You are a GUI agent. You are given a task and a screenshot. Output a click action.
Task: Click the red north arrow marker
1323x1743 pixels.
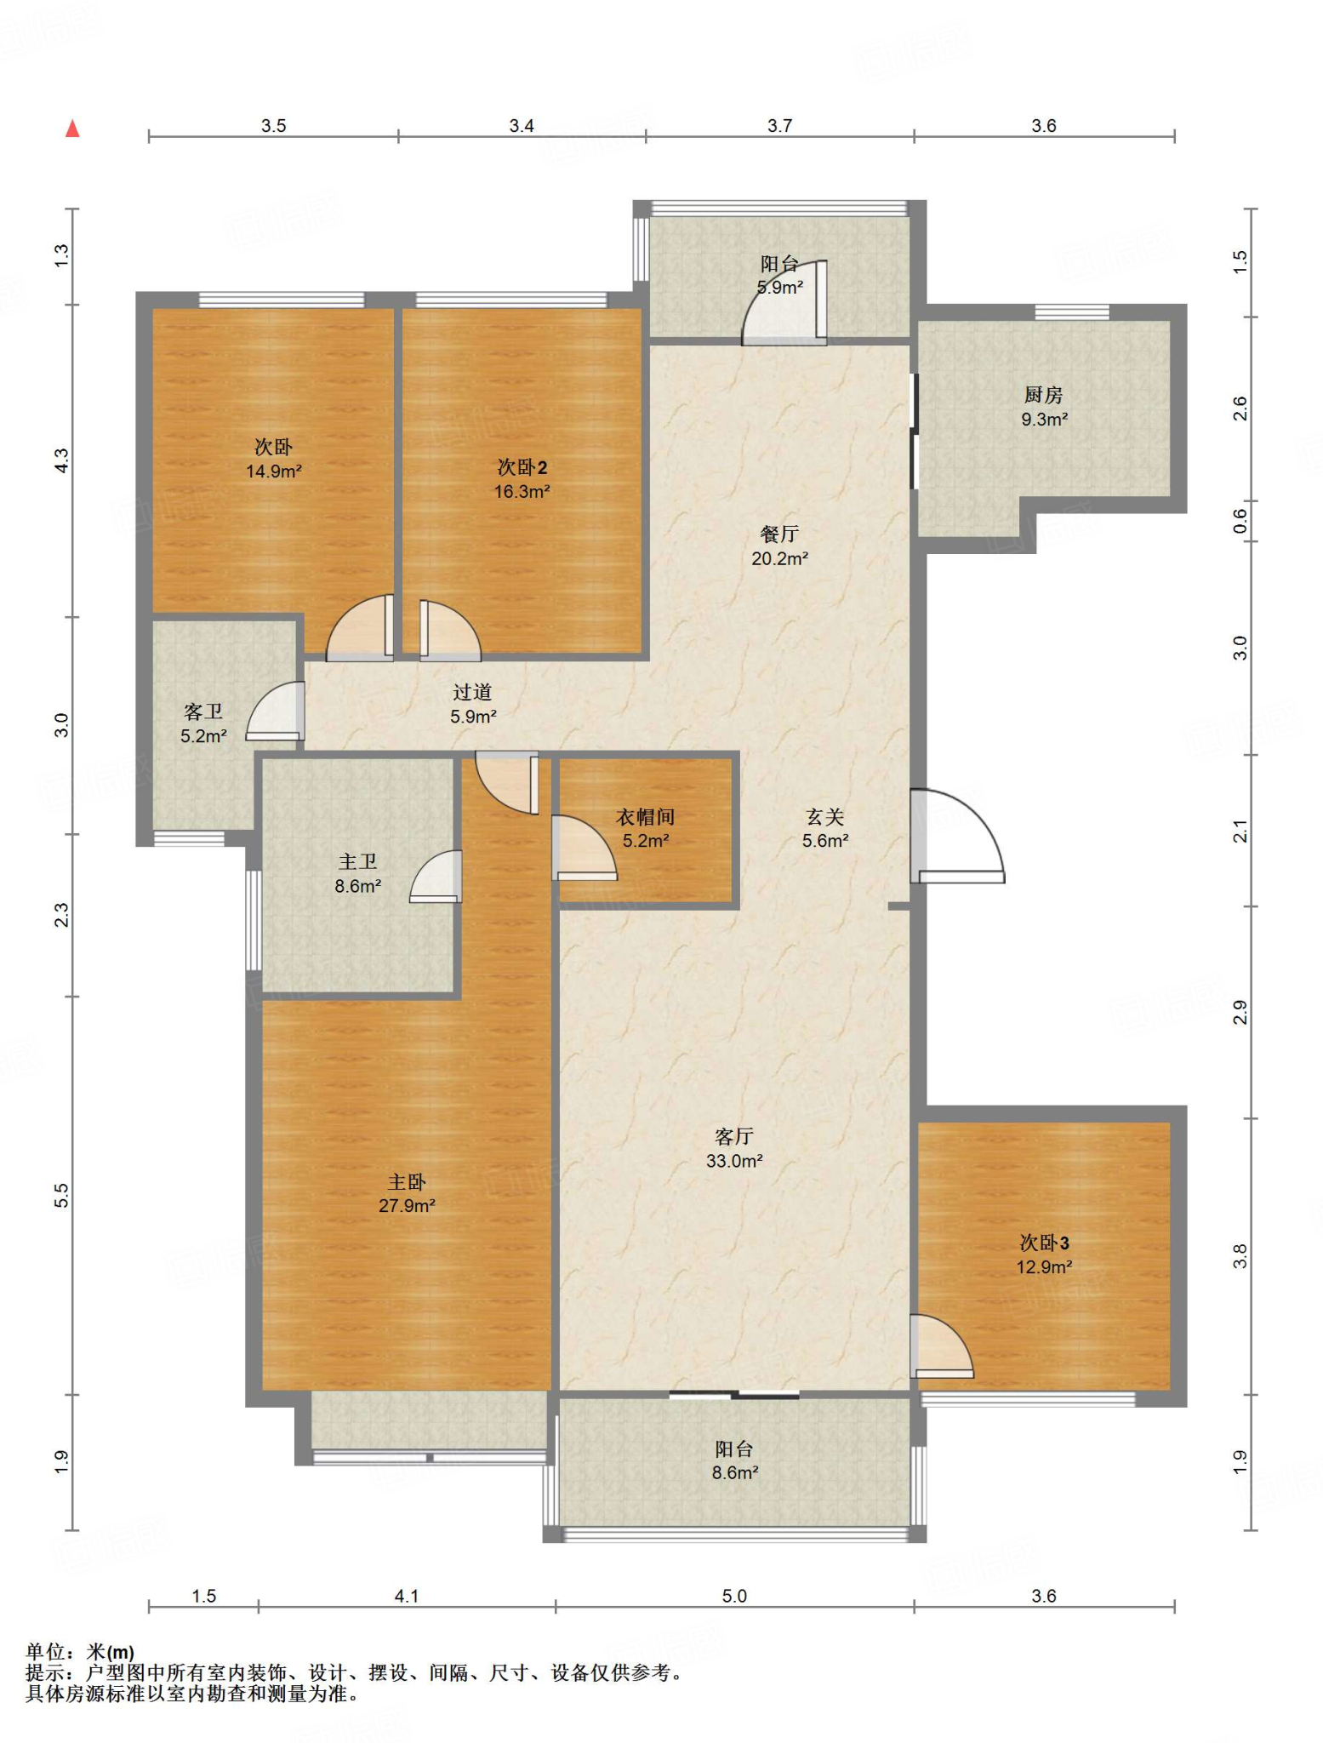[72, 129]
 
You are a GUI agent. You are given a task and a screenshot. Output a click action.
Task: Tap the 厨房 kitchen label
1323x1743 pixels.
[1043, 395]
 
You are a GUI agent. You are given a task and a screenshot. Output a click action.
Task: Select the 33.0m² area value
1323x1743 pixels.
[734, 1161]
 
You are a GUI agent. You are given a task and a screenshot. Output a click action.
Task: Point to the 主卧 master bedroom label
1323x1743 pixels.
[407, 1182]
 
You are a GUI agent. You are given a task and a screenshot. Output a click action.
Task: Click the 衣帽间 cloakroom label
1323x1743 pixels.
[646, 817]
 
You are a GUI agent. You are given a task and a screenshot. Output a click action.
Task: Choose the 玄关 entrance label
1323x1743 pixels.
[825, 817]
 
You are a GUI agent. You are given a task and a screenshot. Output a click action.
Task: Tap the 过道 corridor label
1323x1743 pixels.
[473, 693]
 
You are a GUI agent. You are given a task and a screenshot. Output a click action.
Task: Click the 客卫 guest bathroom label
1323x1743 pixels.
[203, 712]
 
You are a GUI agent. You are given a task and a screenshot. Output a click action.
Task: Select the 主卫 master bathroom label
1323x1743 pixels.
[357, 862]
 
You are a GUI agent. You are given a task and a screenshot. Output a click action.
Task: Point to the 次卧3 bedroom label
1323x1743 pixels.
[1044, 1243]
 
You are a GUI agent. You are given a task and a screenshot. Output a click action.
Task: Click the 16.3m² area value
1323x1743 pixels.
[522, 492]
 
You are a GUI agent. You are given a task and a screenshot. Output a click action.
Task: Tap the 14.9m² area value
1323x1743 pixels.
[274, 471]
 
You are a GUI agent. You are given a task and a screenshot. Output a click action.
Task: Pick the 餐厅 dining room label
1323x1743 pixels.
[779, 534]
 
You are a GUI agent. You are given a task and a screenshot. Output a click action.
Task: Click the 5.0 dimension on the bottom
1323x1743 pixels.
[734, 1596]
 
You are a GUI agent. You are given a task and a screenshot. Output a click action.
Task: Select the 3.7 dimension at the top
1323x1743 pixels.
[779, 126]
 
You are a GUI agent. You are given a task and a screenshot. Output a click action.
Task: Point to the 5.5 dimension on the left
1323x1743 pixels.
[61, 1196]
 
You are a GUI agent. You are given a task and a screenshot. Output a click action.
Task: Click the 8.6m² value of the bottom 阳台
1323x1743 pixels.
[735, 1473]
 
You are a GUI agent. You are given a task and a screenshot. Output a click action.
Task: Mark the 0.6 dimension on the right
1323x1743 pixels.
[1240, 521]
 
